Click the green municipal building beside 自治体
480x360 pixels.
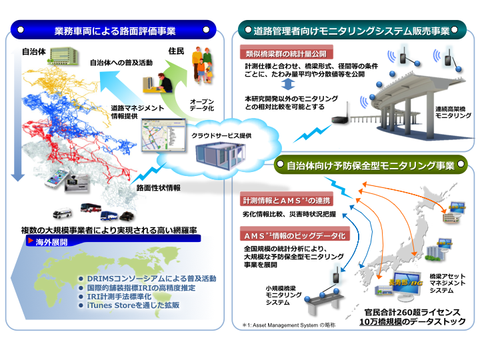pyautogui.click(x=58, y=61)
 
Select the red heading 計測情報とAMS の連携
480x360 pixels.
pyautogui.click(x=287, y=201)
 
